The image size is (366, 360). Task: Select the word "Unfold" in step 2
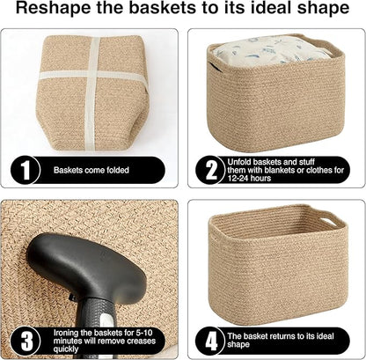241,159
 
